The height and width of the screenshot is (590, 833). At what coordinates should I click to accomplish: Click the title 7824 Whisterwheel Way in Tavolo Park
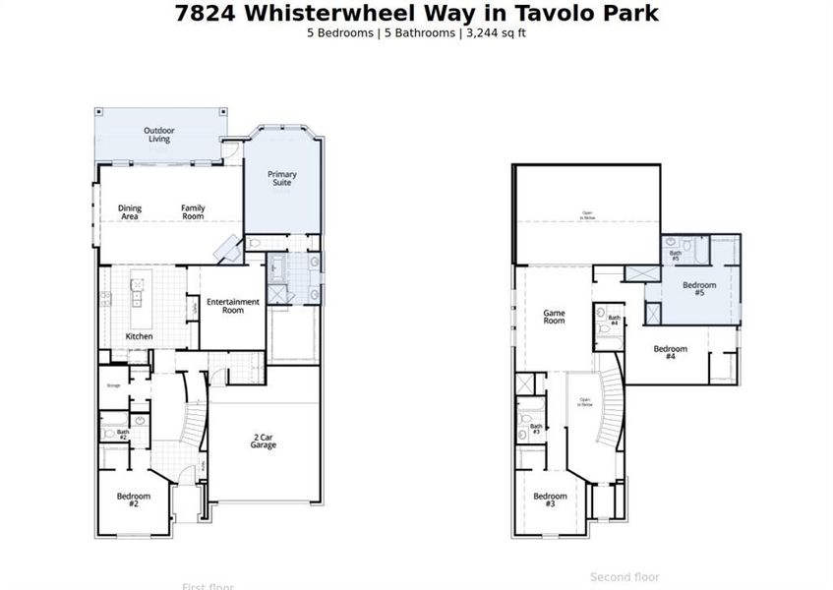[416, 13]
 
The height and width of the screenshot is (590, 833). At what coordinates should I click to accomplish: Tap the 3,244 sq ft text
[500, 32]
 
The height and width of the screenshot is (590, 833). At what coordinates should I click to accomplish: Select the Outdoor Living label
[159, 135]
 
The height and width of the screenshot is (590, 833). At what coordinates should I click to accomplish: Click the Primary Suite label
[282, 178]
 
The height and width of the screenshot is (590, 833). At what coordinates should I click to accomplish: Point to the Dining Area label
[130, 212]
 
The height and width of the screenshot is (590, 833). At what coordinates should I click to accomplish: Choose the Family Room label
[193, 212]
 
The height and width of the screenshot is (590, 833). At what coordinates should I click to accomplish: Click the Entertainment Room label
[233, 306]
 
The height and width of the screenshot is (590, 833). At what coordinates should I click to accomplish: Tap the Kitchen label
[139, 337]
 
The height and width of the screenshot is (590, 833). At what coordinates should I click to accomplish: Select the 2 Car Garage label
[263, 441]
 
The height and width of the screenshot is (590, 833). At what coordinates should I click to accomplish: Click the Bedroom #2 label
[134, 499]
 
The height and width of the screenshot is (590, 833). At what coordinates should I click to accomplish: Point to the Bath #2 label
[123, 433]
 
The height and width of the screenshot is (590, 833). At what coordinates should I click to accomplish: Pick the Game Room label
[555, 317]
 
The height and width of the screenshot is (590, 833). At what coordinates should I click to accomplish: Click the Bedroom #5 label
[699, 288]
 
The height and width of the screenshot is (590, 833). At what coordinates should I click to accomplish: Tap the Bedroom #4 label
[670, 352]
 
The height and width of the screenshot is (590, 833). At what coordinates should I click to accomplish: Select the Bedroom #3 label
[550, 500]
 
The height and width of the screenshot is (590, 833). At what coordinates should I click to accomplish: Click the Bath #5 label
[676, 256]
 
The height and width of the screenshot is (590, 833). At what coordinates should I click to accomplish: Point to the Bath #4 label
[614, 320]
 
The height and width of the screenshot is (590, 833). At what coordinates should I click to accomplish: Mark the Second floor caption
[625, 577]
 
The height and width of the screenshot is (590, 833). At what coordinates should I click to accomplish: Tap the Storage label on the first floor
[113, 385]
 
